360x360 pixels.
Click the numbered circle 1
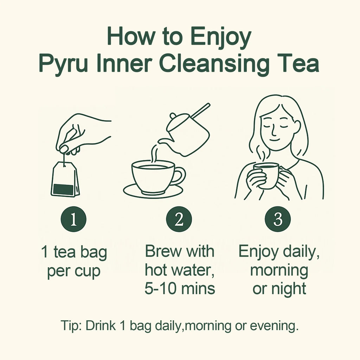tap(73, 219)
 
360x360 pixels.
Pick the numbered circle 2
tap(179, 219)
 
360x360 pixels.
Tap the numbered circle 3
tap(278, 219)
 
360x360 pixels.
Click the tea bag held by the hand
tap(65, 179)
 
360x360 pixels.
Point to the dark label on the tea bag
tap(63, 189)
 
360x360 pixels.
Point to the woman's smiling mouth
tap(275, 140)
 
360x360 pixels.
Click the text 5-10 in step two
tap(160, 289)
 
